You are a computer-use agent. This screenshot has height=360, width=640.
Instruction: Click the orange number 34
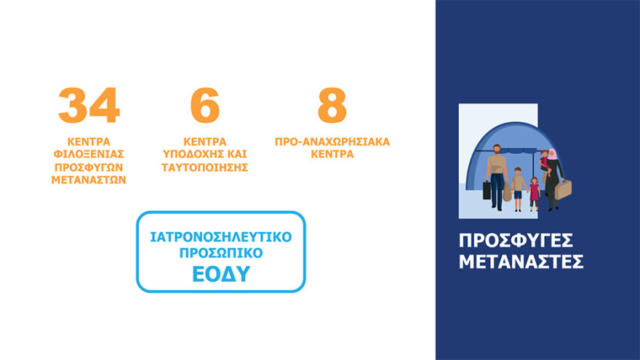tap(89, 106)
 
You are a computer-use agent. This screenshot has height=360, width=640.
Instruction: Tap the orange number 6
tap(204, 106)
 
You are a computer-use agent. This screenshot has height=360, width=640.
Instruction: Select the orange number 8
tap(332, 106)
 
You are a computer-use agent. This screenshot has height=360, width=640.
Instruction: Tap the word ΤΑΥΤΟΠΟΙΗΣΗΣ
tap(205, 167)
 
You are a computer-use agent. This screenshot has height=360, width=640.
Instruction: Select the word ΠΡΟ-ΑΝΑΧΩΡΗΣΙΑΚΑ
tap(332, 141)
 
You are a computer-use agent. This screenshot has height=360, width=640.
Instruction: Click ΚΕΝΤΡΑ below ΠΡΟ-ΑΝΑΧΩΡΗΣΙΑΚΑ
tap(332, 154)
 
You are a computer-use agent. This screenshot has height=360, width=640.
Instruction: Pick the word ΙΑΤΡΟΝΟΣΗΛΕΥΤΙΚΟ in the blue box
tap(221, 238)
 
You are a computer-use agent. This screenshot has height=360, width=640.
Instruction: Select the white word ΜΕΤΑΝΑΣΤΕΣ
tap(521, 262)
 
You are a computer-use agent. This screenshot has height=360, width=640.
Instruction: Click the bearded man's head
tap(495, 150)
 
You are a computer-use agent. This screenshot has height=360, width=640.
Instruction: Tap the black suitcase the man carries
tap(487, 190)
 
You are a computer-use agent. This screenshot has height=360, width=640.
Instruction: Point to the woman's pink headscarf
tap(552, 155)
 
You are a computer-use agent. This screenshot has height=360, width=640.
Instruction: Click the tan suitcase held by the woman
tap(564, 189)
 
